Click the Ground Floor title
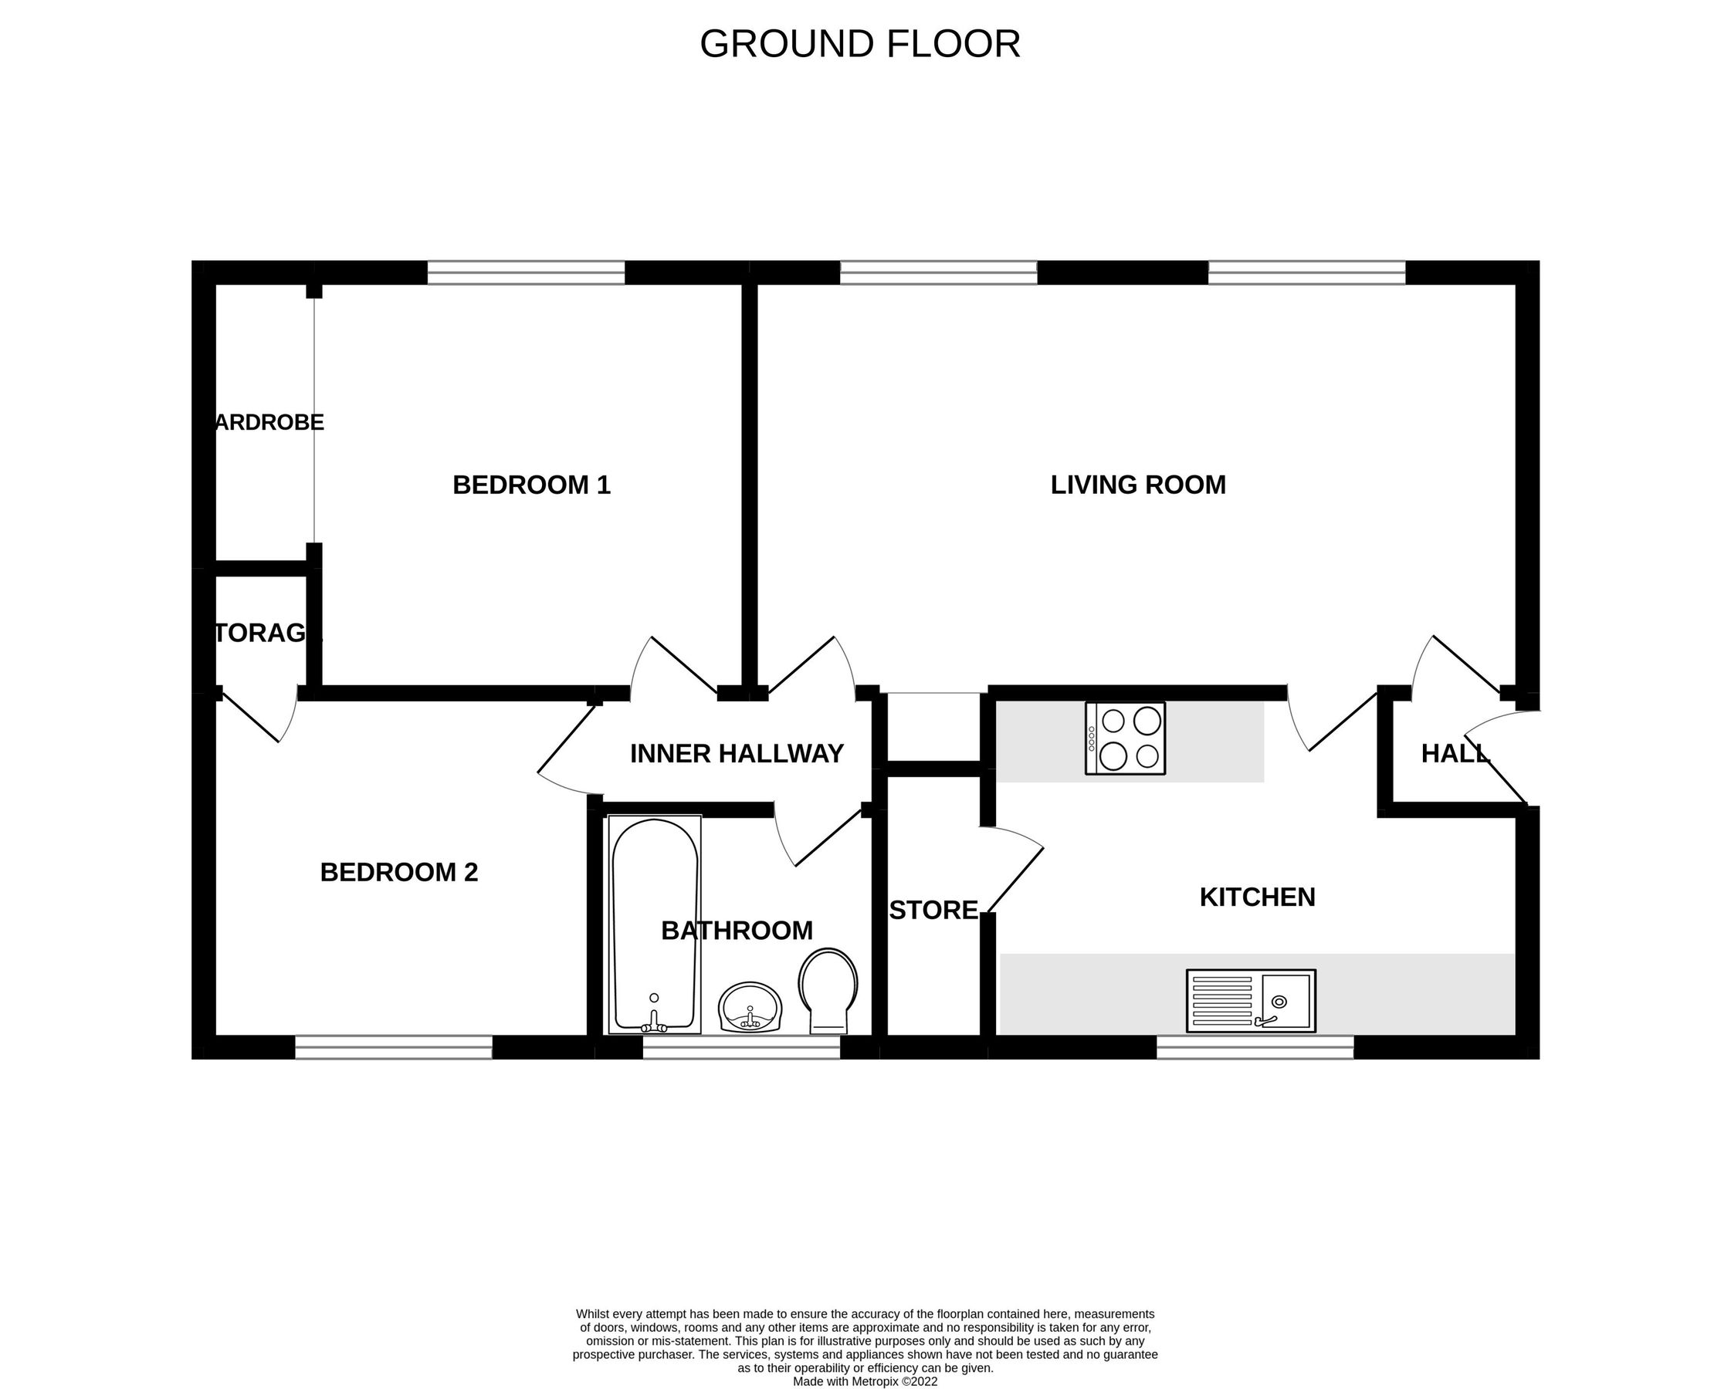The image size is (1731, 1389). (860, 44)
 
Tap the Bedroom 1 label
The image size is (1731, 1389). (531, 485)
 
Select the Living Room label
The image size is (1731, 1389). (1138, 485)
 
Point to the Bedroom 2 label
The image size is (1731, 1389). (399, 872)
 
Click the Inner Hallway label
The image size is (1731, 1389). (737, 754)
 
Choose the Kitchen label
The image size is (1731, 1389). (1256, 897)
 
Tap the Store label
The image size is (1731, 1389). (933, 911)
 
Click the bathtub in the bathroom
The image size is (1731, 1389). (655, 924)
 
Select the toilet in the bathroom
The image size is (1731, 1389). (828, 992)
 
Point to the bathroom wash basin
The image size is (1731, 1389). (750, 1008)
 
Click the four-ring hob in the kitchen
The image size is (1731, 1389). (1125, 738)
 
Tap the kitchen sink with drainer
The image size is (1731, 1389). (1251, 1001)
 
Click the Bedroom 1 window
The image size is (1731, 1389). (526, 273)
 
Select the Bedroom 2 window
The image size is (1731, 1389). (394, 1047)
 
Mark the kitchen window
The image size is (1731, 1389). (1255, 1047)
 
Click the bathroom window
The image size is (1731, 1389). (741, 1047)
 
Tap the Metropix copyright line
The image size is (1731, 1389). (865, 1382)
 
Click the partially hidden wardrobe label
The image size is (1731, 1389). (269, 423)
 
